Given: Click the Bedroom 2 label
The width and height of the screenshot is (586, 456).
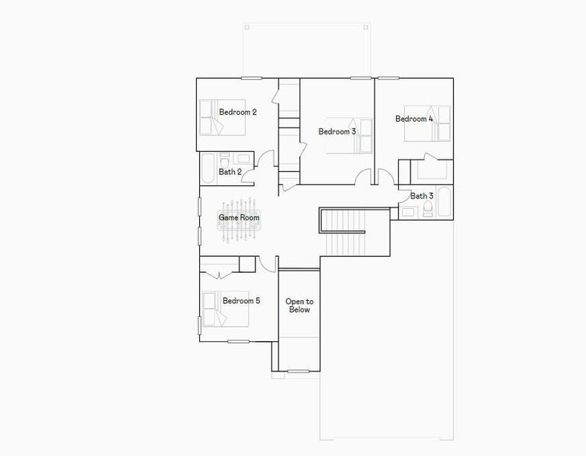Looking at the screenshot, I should pyautogui.click(x=237, y=112).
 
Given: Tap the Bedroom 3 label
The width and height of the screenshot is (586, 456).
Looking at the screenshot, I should pyautogui.click(x=337, y=131).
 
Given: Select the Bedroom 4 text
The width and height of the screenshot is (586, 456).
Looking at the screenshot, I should pyautogui.click(x=414, y=119).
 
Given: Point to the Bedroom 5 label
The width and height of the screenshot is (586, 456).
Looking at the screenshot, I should pyautogui.click(x=241, y=301).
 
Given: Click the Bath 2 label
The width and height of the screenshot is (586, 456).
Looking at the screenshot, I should pyautogui.click(x=230, y=172).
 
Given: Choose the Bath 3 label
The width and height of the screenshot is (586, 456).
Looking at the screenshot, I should pyautogui.click(x=422, y=196).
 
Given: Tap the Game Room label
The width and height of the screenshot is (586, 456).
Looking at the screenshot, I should pyautogui.click(x=239, y=218).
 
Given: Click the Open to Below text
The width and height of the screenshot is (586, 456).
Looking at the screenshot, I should pyautogui.click(x=299, y=306).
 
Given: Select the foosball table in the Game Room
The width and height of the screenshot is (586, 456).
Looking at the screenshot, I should pyautogui.click(x=239, y=220).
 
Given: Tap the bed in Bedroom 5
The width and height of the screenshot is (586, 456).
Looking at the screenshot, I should pyautogui.click(x=225, y=308).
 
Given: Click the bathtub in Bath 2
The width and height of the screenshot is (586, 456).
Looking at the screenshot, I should pyautogui.click(x=208, y=170).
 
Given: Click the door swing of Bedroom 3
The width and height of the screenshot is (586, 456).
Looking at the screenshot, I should pyautogui.click(x=365, y=176).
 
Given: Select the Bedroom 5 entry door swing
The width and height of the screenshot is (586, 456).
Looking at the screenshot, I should pyautogui.click(x=266, y=263).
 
